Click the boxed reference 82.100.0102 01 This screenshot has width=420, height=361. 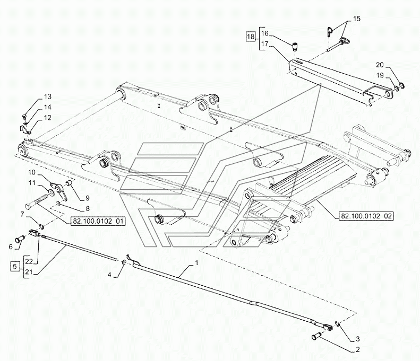[97, 221]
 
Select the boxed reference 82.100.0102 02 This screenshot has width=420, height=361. [366, 216]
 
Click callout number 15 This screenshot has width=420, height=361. [356, 19]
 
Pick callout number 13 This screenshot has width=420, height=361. [48, 96]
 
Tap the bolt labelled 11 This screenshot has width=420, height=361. [38, 202]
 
